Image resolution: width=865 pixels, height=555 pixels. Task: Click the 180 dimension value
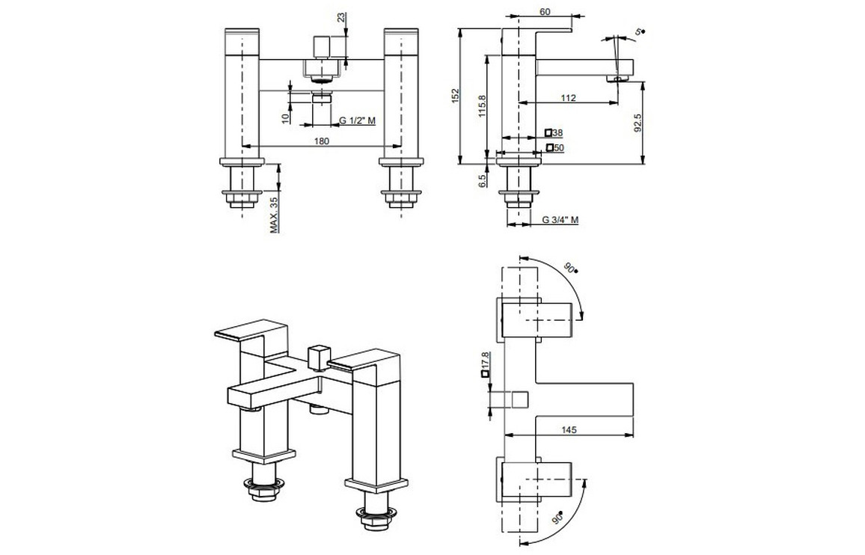pyautogui.click(x=322, y=141)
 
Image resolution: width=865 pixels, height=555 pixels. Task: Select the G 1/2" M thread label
pyautogui.click(x=358, y=121)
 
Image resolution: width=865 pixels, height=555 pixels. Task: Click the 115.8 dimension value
pyautogui.click(x=482, y=106)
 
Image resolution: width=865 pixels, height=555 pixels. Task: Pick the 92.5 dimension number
pyautogui.click(x=638, y=123)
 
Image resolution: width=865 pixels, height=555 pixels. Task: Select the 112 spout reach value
pyautogui.click(x=568, y=98)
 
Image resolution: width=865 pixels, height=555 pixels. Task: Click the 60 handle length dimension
pyautogui.click(x=545, y=11)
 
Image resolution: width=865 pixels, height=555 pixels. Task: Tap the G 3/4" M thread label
pyautogui.click(x=560, y=220)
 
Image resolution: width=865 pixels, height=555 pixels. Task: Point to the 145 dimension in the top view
pyautogui.click(x=569, y=429)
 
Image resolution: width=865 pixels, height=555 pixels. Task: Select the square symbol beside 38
pyautogui.click(x=548, y=132)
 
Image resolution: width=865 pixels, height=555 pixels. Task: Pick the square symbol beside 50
pyautogui.click(x=549, y=147)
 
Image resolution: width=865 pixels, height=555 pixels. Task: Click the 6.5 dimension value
pyautogui.click(x=482, y=180)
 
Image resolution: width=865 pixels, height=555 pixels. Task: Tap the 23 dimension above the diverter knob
pyautogui.click(x=342, y=17)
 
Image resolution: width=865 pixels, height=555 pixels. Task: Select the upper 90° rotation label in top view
pyautogui.click(x=572, y=268)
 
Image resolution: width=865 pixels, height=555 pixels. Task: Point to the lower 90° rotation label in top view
pyautogui.click(x=560, y=518)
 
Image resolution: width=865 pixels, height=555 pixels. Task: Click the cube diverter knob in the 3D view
pyautogui.click(x=318, y=358)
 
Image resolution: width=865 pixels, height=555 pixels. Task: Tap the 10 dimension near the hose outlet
pyautogui.click(x=285, y=117)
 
